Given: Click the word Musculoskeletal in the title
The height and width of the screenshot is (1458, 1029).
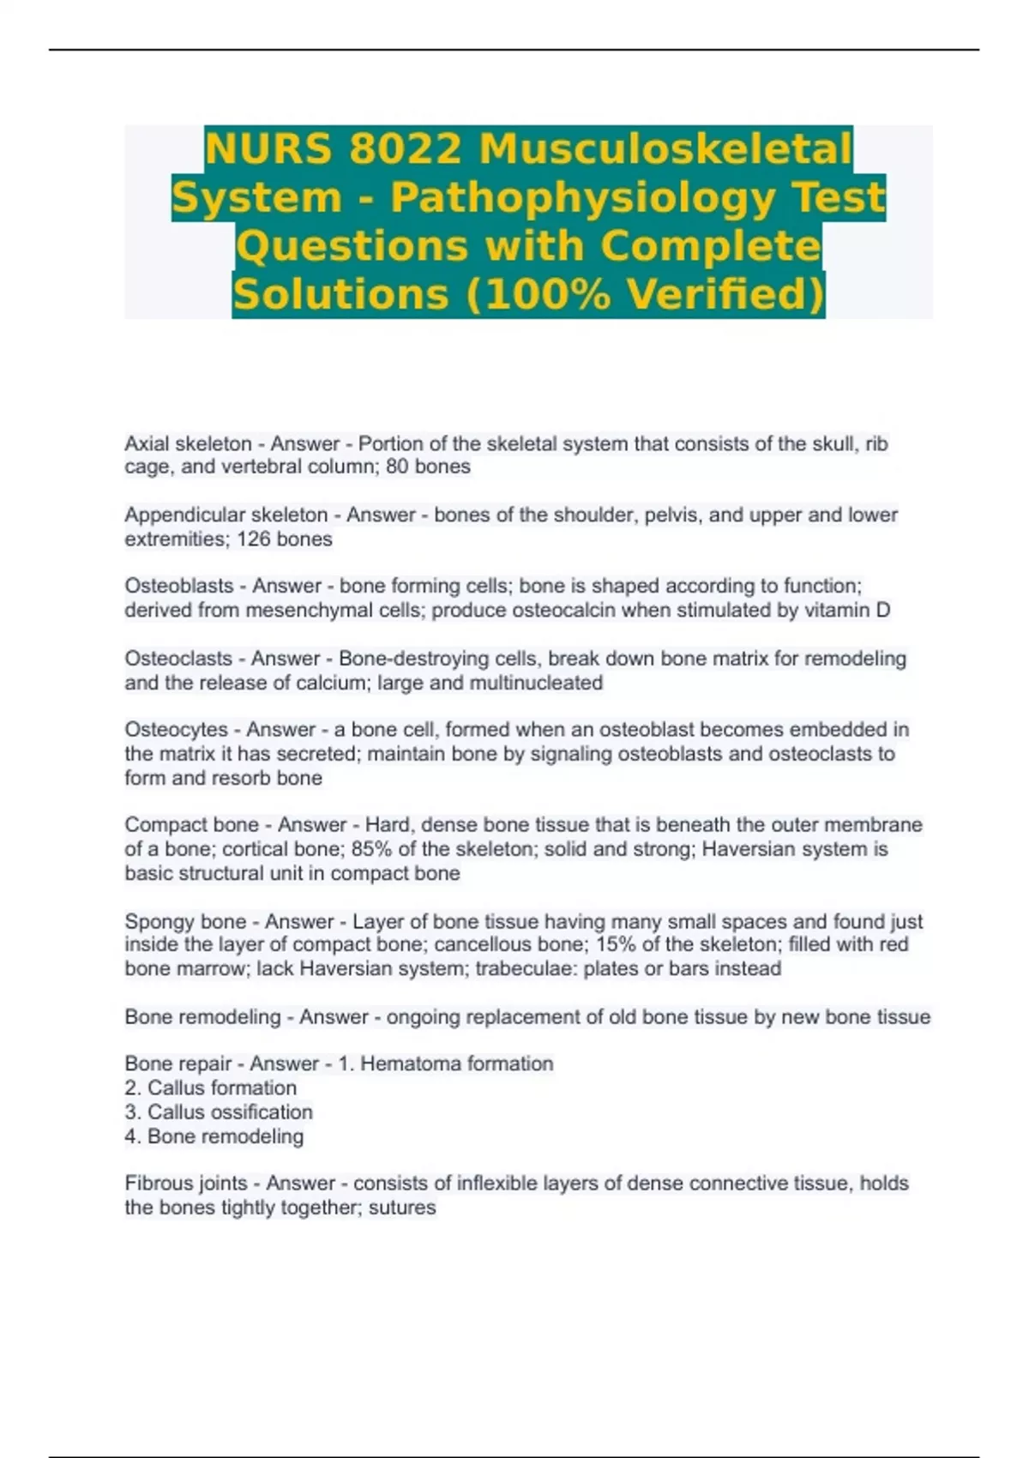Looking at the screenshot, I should coord(665,149).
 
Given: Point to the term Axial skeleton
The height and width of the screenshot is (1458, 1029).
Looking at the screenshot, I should coord(188,443).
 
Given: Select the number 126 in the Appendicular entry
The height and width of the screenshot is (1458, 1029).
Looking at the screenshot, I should coord(253,539).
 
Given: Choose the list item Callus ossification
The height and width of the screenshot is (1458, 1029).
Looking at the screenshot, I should coord(230,1112).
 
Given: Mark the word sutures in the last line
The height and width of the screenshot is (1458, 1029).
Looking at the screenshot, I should coord(402,1208).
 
